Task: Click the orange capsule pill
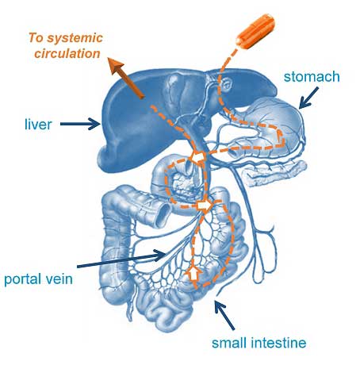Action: pos(255,32)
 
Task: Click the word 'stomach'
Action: pos(312,77)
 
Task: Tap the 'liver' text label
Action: pos(38,124)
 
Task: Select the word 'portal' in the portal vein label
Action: pos(23,279)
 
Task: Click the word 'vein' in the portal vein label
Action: pos(59,279)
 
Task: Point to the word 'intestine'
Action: pos(278,343)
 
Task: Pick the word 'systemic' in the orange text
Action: pos(75,38)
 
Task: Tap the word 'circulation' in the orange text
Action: pos(67,53)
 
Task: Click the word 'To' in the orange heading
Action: pos(36,37)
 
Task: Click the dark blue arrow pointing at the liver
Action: pos(80,124)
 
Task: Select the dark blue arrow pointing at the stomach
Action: pos(308,98)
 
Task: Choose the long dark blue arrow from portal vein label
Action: pos(121,259)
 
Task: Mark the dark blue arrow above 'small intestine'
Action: pos(224,315)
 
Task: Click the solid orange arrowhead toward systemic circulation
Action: pos(117,67)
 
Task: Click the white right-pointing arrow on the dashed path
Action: pos(205,205)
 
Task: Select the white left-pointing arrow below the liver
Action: pos(197,158)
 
